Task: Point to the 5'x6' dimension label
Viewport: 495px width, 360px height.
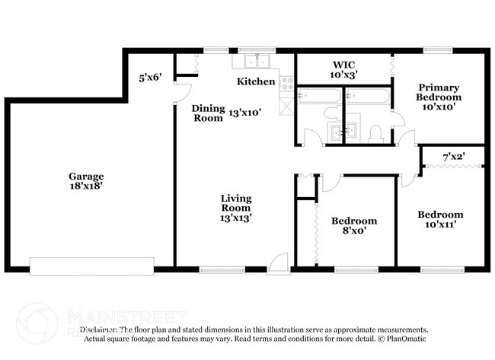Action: point(150,77)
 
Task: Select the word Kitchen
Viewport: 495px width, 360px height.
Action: point(255,81)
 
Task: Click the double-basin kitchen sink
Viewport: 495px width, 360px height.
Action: point(255,62)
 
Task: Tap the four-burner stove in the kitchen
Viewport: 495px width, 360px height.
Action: point(287,83)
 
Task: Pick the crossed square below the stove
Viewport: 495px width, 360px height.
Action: point(287,106)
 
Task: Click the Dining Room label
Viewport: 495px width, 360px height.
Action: point(207,113)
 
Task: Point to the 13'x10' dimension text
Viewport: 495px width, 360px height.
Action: point(245,112)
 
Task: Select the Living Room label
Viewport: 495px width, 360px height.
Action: point(236,202)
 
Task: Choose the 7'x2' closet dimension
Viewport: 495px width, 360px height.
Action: point(454,158)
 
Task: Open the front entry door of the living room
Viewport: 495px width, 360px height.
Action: point(279,262)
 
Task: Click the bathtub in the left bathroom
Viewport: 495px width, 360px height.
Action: point(319,97)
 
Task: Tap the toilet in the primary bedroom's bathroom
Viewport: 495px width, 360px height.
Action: point(374,134)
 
